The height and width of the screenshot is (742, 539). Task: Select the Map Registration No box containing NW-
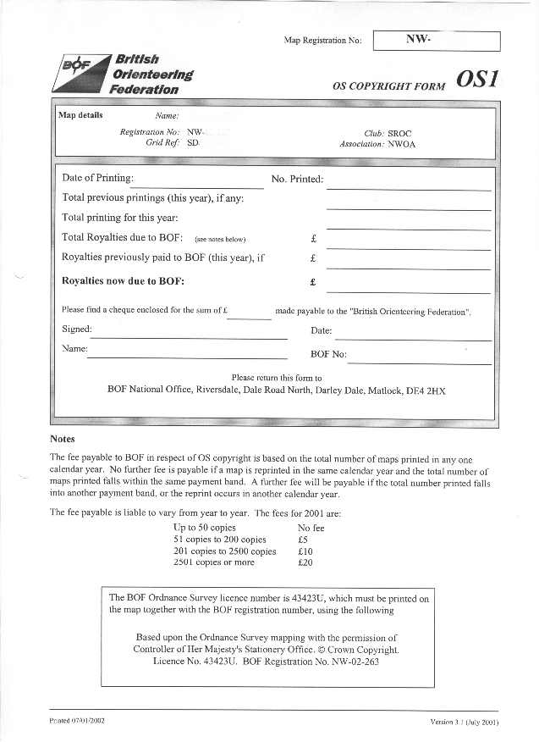pyautogui.click(x=436, y=41)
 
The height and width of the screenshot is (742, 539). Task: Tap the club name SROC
pyautogui.click(x=402, y=133)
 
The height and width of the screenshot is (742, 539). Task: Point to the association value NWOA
pyautogui.click(x=403, y=144)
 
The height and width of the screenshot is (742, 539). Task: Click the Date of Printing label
pyautogui.click(x=97, y=178)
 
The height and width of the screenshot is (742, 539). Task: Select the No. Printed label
pyautogui.click(x=297, y=179)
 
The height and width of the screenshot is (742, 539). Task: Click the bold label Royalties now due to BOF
pyautogui.click(x=124, y=280)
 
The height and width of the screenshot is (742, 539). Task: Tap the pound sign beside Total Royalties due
pyautogui.click(x=313, y=239)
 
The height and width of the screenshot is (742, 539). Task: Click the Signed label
pyautogui.click(x=77, y=329)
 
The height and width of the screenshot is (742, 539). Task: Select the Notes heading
pyautogui.click(x=63, y=439)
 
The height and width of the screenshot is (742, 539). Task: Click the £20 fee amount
pyautogui.click(x=305, y=562)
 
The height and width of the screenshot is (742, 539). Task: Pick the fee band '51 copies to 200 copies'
pyautogui.click(x=219, y=540)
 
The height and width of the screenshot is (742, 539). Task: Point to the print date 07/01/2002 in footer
pyautogui.click(x=89, y=720)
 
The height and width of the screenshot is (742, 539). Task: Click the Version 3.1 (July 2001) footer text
pyautogui.click(x=464, y=722)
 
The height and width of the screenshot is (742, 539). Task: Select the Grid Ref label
pyautogui.click(x=162, y=144)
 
